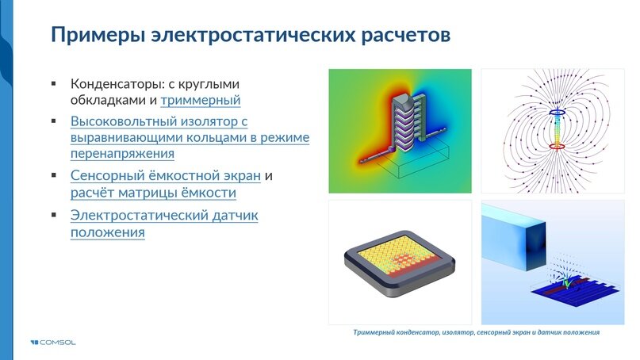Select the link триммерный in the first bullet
200,101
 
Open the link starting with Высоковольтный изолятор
159,121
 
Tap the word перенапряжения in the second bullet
122,155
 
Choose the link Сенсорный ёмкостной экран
165,175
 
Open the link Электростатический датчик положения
164,216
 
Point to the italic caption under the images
476,332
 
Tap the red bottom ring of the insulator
558,147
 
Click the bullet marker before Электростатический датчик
54,216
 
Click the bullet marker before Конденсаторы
54,83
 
